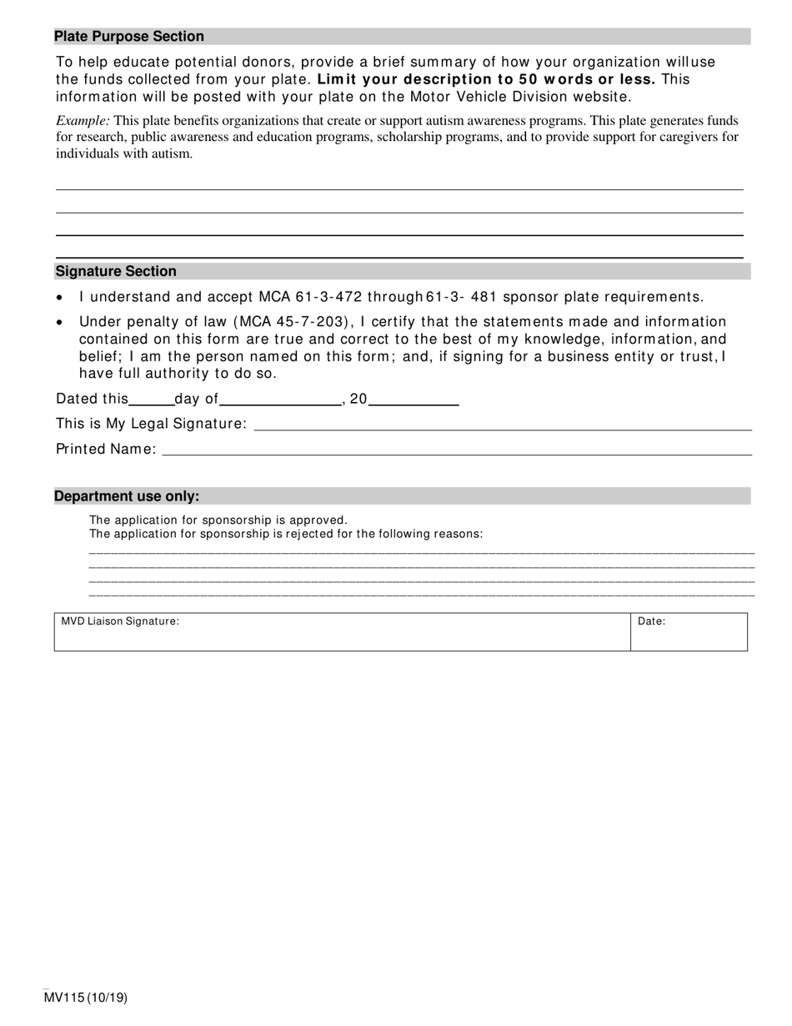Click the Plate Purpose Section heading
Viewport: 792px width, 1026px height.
click(x=129, y=37)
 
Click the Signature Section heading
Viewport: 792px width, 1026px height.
click(x=116, y=271)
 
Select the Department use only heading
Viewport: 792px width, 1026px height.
click(x=127, y=496)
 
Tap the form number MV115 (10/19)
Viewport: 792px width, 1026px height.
click(x=86, y=998)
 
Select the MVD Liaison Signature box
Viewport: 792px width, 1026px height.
click(x=342, y=631)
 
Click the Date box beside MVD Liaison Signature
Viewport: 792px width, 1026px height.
click(x=689, y=631)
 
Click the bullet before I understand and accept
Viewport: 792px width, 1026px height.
click(x=59, y=298)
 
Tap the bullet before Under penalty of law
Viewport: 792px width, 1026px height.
click(x=59, y=323)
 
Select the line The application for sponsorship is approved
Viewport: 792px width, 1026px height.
click(x=218, y=520)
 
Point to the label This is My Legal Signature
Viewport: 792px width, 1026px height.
click(x=151, y=424)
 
